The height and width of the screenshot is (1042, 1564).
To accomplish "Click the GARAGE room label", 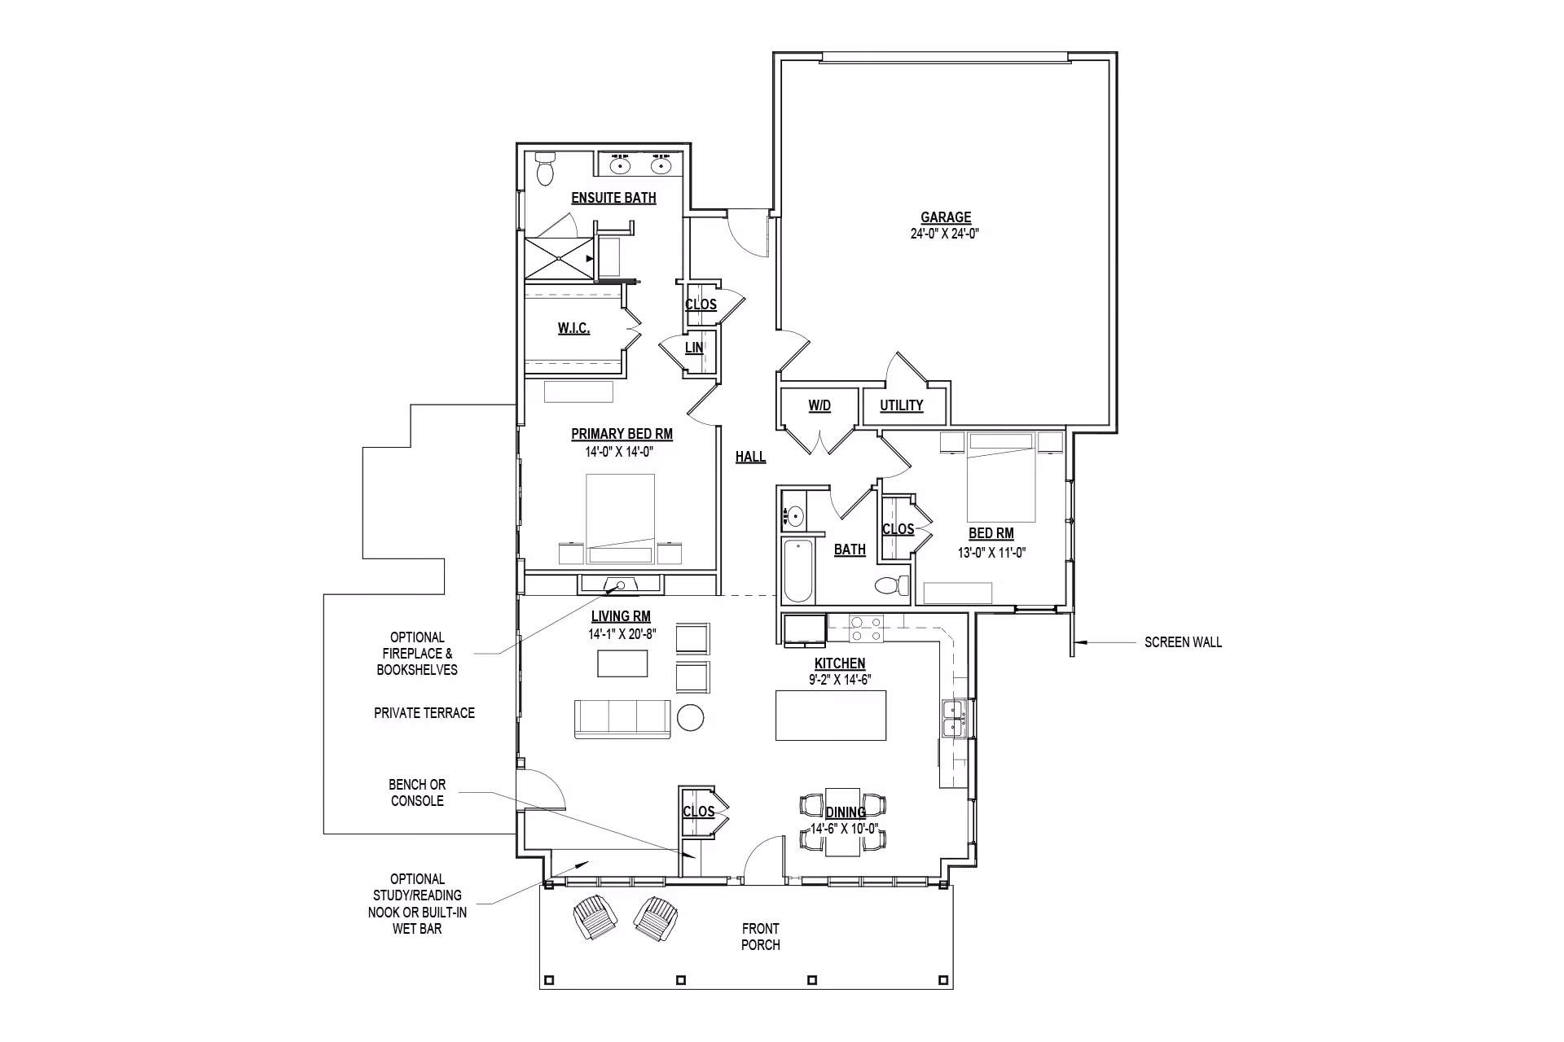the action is pyautogui.click(x=946, y=217).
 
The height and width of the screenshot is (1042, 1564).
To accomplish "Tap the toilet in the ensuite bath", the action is pyautogui.click(x=545, y=169).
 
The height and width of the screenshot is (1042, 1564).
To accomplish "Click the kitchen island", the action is pyautogui.click(x=831, y=715).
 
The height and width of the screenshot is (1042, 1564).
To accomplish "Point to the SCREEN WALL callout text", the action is pyautogui.click(x=1183, y=642).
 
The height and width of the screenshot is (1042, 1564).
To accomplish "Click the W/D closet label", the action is pyautogui.click(x=819, y=405).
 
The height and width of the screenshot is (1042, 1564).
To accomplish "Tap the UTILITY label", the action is pyautogui.click(x=902, y=405).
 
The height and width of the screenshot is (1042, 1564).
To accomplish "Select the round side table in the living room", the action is pyautogui.click(x=691, y=717).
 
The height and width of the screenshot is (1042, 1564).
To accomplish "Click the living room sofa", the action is pyautogui.click(x=623, y=719).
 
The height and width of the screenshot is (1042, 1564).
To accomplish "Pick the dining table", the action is pyautogui.click(x=843, y=821).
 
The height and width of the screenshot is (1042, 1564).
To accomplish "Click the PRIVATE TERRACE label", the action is pyautogui.click(x=424, y=713).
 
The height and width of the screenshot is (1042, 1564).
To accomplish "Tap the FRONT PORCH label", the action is pyautogui.click(x=761, y=937).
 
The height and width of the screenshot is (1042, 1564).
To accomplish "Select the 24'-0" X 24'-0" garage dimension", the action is pyautogui.click(x=945, y=234).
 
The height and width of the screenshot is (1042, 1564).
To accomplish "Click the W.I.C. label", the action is pyautogui.click(x=574, y=328).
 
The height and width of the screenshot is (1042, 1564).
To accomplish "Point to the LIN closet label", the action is pyautogui.click(x=694, y=348).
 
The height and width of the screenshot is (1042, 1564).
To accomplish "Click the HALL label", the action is pyautogui.click(x=750, y=457).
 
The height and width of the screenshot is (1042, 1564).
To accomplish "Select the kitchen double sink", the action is pyautogui.click(x=953, y=718).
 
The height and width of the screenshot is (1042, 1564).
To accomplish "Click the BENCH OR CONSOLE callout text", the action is pyautogui.click(x=417, y=793).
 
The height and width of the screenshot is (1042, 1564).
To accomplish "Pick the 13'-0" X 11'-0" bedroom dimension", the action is pyautogui.click(x=991, y=553).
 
